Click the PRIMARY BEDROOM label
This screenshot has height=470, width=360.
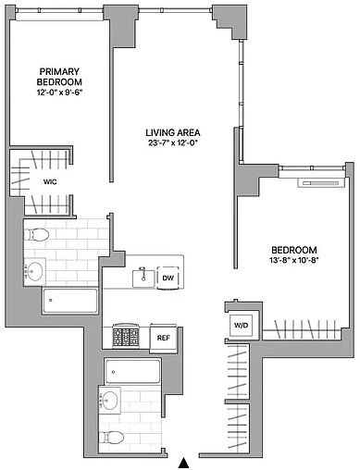[x=59, y=77]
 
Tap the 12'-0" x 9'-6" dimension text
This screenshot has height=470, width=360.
[x=59, y=93]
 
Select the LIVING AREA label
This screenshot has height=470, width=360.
[x=173, y=132]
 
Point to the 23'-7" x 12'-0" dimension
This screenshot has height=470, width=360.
[x=173, y=142]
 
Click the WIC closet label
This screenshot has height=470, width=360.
[x=50, y=182]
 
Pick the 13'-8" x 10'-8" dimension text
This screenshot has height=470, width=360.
[x=293, y=260]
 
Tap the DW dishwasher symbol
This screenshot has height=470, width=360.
[x=168, y=278]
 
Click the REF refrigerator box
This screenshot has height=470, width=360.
[x=163, y=338]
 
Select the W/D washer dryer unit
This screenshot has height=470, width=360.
[x=242, y=325]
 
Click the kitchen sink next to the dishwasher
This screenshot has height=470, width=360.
[x=143, y=278]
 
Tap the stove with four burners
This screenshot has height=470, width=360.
[x=126, y=336]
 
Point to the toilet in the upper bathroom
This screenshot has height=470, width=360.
[x=39, y=235]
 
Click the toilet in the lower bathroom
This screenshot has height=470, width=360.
[x=112, y=438]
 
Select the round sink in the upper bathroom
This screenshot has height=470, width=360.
[x=35, y=271]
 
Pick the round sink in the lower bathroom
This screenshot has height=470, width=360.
[x=109, y=400]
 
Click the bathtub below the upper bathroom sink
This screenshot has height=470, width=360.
[x=70, y=301]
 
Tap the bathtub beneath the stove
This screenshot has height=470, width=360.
[x=132, y=371]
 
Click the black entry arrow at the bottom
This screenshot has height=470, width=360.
[x=184, y=463]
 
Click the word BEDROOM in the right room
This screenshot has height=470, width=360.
[x=294, y=250]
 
